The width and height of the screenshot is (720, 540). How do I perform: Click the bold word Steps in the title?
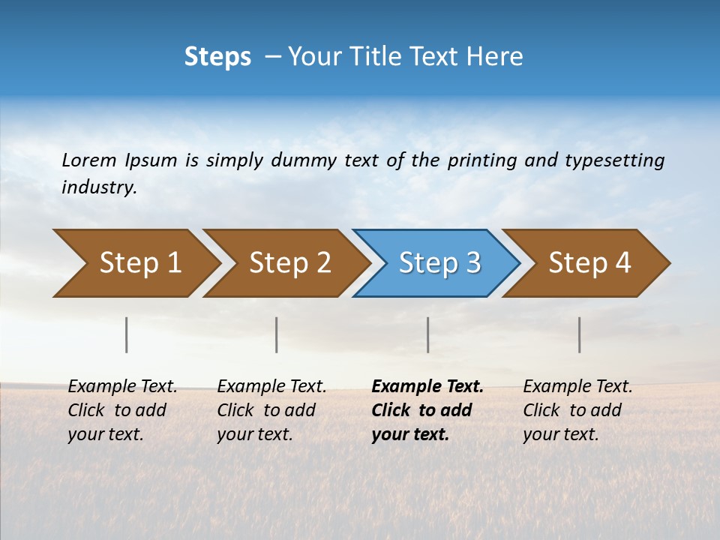217,57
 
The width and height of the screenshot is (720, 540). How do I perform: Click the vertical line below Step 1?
127,334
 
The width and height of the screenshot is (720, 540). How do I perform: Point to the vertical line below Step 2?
277,334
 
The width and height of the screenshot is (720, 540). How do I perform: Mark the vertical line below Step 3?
427,334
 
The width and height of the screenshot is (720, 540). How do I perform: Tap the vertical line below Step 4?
579,334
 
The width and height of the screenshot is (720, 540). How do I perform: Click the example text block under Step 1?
122,410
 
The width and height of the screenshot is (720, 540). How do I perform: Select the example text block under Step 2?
271,410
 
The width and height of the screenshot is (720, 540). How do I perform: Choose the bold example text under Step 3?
427,410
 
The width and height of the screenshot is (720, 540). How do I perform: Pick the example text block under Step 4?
577,410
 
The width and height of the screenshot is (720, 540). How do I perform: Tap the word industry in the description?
98,187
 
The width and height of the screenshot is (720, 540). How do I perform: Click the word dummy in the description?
302,160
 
